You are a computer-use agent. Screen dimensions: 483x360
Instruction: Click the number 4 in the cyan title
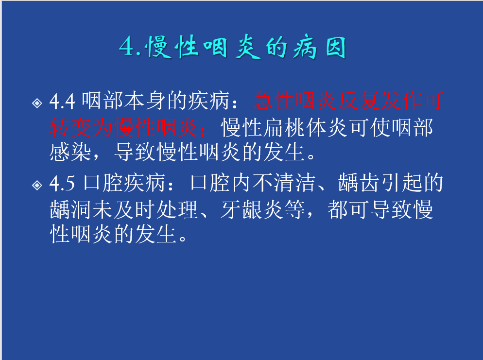pos(127,47)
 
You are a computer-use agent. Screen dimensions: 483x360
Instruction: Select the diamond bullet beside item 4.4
pos(37,103)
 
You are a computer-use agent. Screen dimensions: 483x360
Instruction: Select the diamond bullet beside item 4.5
pos(37,186)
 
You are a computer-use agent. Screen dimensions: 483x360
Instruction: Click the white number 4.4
pos(62,101)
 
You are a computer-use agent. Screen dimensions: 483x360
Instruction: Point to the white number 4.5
pos(62,183)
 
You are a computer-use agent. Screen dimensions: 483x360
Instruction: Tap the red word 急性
pos(274,101)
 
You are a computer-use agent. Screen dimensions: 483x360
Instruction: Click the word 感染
pos(70,152)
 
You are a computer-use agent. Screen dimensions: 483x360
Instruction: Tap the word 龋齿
pos(359,183)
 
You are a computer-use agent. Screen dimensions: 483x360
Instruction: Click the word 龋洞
pos(70,210)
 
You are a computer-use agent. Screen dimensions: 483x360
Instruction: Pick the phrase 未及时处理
pos(145,210)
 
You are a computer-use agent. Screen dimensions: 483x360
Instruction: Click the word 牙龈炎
pos(252,210)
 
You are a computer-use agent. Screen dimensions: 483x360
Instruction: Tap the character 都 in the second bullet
pos(338,210)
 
